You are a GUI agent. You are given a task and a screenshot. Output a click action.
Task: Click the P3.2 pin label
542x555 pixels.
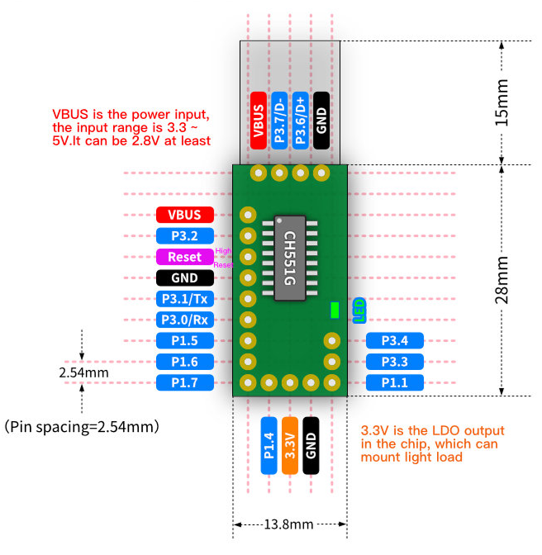(185, 236)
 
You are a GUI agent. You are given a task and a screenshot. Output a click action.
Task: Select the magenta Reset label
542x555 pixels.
(185, 257)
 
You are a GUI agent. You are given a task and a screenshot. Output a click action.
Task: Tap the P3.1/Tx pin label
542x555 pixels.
(185, 299)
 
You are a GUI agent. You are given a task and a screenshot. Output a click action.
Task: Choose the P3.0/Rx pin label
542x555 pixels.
(185, 320)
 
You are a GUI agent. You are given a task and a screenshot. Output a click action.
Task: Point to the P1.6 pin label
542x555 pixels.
(185, 362)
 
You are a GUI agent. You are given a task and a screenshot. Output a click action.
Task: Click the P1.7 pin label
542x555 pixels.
(185, 383)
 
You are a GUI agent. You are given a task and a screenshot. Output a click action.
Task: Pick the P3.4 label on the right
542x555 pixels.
(395, 340)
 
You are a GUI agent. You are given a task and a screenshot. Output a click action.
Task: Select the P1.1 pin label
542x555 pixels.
(395, 383)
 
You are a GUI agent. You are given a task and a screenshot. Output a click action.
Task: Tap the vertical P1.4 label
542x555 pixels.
(269, 445)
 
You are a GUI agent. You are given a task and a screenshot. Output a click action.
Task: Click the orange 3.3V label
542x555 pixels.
(290, 445)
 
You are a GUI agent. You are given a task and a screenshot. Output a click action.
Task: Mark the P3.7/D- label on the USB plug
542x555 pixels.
(280, 120)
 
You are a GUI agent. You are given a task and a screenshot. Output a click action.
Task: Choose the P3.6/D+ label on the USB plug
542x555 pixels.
(300, 120)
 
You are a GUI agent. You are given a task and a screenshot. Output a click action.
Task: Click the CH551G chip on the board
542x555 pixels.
(290, 258)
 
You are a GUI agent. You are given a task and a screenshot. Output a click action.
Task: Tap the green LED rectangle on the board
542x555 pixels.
(335, 310)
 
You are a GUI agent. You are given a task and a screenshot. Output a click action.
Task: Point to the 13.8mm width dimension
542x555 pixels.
(289, 524)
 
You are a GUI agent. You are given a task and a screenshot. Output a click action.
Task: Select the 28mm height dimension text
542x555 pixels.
(502, 280)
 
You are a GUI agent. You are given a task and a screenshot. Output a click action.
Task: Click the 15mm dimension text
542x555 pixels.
(502, 103)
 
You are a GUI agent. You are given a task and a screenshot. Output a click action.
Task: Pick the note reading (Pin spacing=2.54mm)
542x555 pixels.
(82, 426)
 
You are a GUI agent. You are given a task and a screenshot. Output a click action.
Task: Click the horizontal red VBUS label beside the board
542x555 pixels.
(185, 215)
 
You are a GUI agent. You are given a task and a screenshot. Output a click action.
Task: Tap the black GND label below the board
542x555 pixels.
(311, 445)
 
